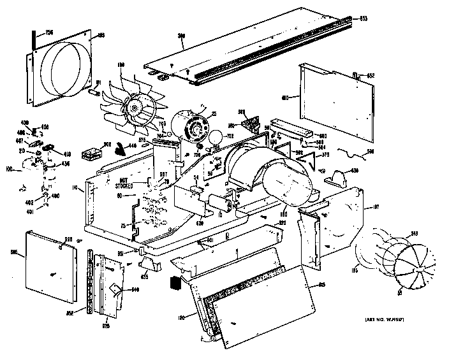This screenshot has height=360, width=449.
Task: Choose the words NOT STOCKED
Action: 124,184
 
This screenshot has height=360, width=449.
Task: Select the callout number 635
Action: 144,277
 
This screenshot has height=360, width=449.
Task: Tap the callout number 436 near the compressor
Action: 64,163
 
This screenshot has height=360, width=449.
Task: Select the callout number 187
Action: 376,206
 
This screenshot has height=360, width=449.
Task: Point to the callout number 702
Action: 230,136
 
